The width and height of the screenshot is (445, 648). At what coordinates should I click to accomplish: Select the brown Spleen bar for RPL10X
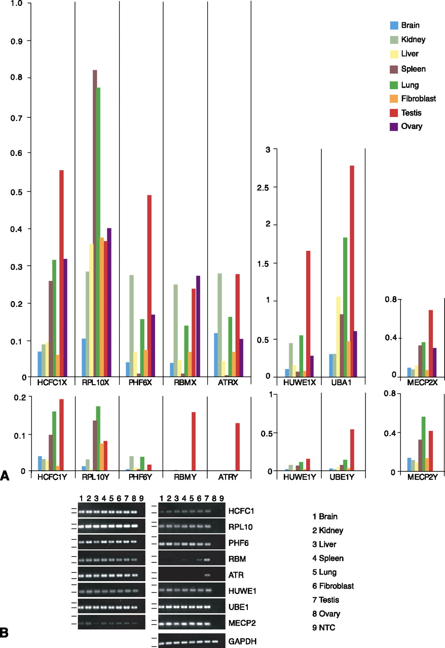click(x=95, y=223)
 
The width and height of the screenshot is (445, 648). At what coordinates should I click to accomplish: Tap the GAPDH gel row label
click(x=243, y=641)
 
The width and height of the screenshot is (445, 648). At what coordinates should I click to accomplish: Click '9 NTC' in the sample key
click(x=325, y=627)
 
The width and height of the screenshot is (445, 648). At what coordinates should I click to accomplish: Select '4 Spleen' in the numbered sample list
click(x=329, y=558)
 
